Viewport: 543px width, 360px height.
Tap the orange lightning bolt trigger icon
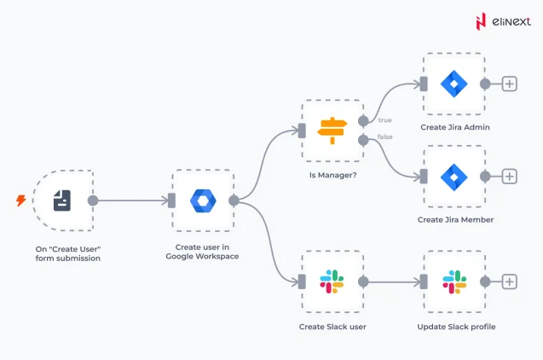point(20,200)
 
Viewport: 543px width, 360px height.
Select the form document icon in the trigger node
point(62,200)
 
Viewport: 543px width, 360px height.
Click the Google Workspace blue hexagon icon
point(203,200)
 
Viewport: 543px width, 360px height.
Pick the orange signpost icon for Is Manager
point(332,130)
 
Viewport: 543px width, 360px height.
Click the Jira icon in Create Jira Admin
point(453,84)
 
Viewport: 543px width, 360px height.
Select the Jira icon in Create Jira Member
point(453,176)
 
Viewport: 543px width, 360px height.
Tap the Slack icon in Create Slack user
point(332,282)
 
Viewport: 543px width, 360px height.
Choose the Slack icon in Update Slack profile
point(453,282)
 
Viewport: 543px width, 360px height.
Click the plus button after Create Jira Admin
point(509,84)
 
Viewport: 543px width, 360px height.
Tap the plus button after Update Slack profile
point(509,282)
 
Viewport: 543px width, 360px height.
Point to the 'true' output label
point(385,120)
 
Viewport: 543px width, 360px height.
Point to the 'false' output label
point(386,138)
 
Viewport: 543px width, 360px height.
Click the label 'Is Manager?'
point(332,175)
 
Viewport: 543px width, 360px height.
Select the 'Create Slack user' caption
point(332,327)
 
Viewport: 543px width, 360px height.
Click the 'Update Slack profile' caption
point(455,327)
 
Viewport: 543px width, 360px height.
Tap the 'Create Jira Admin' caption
point(454,127)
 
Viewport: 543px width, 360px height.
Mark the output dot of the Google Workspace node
point(234,200)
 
